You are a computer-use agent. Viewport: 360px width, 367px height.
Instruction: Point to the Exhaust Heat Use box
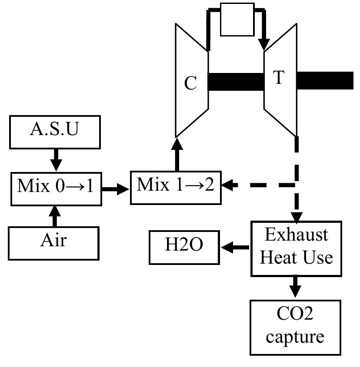pos(296,248)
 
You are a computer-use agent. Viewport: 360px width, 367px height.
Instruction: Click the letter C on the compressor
pos(190,84)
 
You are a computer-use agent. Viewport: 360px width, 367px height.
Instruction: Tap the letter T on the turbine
pos(278,78)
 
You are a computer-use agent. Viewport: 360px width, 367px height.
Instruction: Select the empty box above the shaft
pos(237,20)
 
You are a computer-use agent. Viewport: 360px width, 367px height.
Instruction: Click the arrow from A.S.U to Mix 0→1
pos(56,159)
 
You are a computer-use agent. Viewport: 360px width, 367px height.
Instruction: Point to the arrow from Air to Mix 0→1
pos(55,215)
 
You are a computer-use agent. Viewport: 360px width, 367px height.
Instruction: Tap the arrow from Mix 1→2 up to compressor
pos(177,154)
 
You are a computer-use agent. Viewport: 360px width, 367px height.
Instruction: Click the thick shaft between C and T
pos(236,81)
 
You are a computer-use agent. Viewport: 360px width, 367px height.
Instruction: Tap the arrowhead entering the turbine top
pos(263,45)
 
